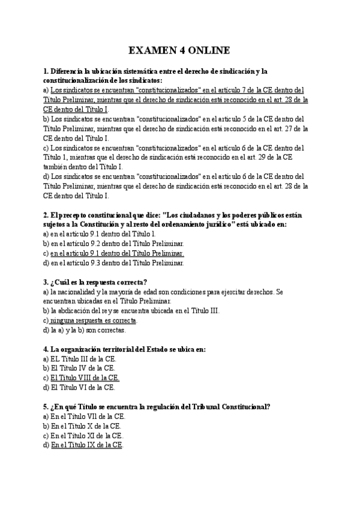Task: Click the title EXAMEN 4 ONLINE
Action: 179,50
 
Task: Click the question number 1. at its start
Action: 46,71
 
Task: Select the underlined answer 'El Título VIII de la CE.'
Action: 85,378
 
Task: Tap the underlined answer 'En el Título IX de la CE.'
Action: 87,445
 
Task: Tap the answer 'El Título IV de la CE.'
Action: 83,368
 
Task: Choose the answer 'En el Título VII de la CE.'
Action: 88,416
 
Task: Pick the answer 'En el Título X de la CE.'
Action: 86,426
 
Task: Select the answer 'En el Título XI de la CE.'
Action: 87,435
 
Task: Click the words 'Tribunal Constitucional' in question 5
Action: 231,406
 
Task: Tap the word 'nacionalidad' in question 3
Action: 78,291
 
